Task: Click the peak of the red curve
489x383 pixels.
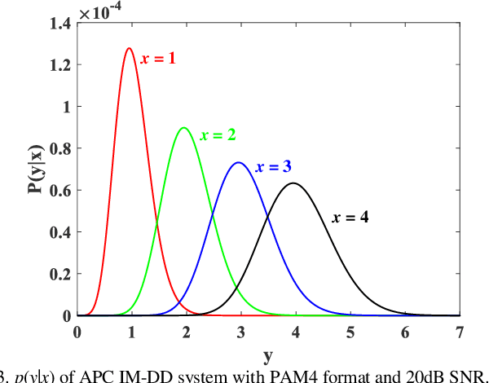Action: [129, 49]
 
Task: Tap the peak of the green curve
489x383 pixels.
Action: [183, 128]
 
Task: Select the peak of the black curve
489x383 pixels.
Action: [293, 183]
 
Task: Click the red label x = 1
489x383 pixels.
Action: [158, 59]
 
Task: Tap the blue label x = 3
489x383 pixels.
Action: [274, 167]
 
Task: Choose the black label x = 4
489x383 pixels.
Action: [350, 218]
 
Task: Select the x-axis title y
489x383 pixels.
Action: [268, 356]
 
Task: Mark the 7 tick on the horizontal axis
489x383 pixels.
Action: [459, 332]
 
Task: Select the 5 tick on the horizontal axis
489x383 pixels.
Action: [350, 332]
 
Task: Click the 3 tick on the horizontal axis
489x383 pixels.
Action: [240, 332]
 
